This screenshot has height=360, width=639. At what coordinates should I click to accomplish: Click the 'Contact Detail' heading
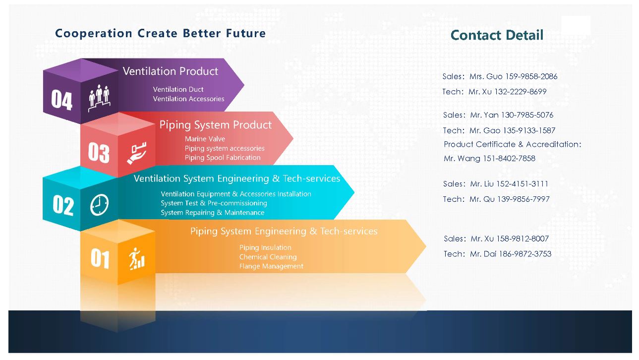tap(497, 35)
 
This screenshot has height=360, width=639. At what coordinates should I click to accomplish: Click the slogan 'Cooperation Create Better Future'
tap(160, 33)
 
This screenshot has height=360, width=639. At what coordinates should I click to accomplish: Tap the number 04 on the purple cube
tap(61, 100)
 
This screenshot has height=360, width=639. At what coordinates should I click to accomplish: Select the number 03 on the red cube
tap(99, 153)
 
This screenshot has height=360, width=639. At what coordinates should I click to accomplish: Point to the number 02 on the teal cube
tap(63, 205)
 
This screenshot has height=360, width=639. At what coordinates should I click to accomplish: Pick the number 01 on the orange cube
tap(100, 258)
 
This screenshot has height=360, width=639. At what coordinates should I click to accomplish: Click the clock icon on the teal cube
tap(99, 205)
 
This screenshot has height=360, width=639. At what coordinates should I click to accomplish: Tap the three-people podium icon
tap(99, 98)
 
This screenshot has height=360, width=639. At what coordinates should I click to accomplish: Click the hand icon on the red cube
tap(137, 153)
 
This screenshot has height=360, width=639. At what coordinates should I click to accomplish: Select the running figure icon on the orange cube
tap(136, 259)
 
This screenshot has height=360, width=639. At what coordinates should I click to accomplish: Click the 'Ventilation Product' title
tap(171, 71)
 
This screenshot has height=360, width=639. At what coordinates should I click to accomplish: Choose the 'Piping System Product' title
tap(215, 125)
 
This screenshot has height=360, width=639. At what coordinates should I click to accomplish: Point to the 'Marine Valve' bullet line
tap(205, 139)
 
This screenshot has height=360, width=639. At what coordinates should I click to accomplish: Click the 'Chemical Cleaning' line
tap(268, 257)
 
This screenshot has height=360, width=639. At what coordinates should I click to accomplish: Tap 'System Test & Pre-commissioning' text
tap(214, 203)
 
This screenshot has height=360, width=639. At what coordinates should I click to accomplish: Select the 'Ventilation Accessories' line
tap(188, 99)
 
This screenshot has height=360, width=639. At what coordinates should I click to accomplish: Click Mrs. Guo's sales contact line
tap(500, 76)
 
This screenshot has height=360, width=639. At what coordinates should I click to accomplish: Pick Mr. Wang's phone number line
tap(489, 158)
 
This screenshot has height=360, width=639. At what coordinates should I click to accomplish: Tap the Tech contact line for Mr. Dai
tap(498, 254)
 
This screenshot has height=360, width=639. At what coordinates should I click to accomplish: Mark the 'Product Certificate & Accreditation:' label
tap(513, 144)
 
